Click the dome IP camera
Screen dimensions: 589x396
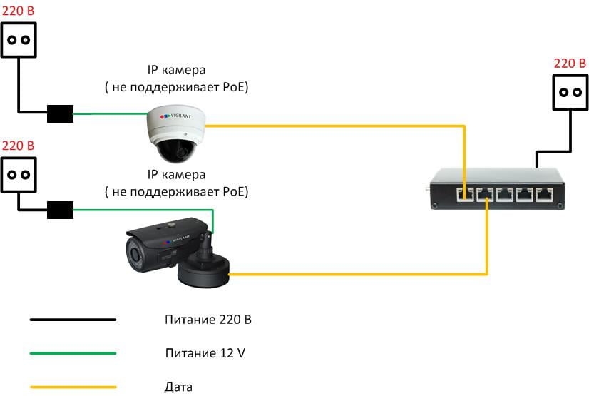point(176,133)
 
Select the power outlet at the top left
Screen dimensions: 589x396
point(19,40)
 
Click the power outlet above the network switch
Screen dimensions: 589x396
point(570,92)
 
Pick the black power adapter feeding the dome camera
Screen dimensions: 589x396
point(60,113)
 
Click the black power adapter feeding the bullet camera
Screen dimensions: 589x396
point(60,210)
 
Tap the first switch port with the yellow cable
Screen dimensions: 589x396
point(465,195)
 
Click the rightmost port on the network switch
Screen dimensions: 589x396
point(544,195)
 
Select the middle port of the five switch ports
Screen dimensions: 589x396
point(504,195)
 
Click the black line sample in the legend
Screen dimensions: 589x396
point(73,320)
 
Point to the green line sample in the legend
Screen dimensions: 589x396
point(73,353)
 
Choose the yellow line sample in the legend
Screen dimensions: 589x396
point(73,387)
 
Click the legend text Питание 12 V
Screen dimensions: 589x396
point(205,353)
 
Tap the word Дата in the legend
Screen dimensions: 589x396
point(178,387)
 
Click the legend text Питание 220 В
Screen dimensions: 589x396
point(208,320)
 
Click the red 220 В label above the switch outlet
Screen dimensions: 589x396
point(570,63)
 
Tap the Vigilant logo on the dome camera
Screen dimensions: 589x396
point(176,116)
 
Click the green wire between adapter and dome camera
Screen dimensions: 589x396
point(111,113)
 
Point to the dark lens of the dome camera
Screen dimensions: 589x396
point(177,151)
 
